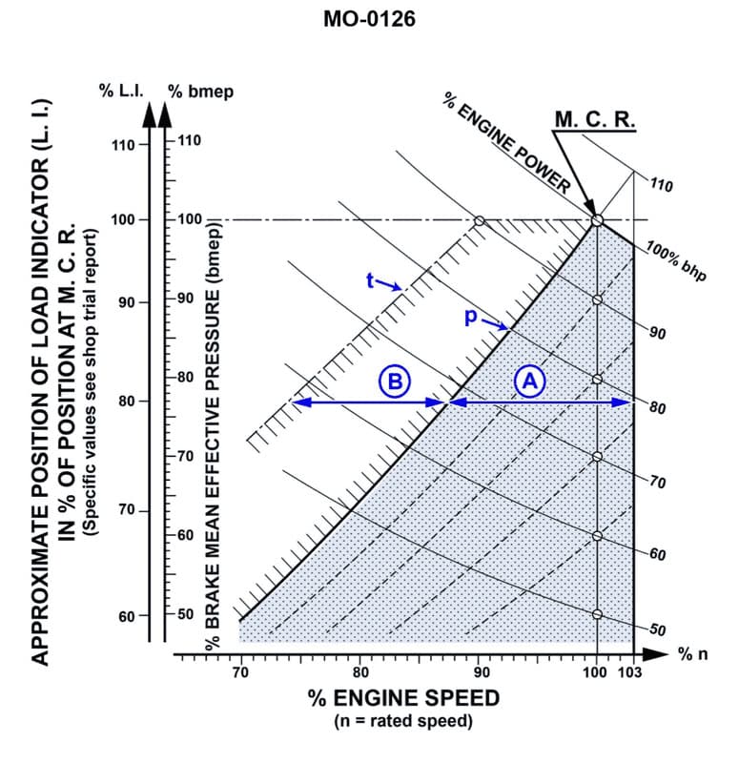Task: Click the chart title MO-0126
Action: point(369,19)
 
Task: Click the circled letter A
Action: point(529,380)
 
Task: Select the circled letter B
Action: point(394,381)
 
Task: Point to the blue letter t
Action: point(370,280)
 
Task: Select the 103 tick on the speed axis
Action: point(631,673)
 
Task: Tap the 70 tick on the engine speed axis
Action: point(239,673)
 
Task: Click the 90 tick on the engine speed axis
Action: point(479,673)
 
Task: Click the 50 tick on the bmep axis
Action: point(186,613)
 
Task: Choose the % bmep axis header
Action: point(201,92)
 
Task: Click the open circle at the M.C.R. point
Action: point(597,220)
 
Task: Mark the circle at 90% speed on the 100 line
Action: point(480,220)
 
